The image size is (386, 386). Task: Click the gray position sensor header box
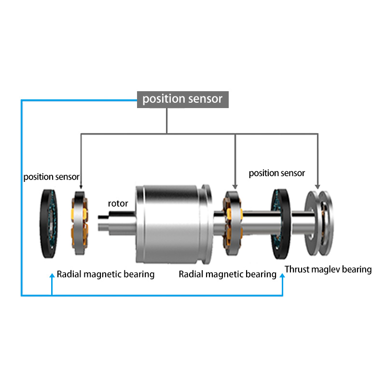point(183,99)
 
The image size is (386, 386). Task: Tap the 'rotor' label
point(118,204)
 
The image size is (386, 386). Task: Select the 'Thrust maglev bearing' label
point(328,270)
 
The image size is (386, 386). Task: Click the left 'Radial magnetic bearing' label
point(106,274)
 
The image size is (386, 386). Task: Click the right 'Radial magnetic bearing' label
point(227,274)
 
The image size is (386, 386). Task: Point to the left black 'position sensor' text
point(51,177)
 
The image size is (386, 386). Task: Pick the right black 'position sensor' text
point(276,173)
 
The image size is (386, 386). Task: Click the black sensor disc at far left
point(49,223)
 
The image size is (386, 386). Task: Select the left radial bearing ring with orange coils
point(80,223)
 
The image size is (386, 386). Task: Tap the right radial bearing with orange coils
point(233,223)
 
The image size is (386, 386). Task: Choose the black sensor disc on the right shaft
point(281,224)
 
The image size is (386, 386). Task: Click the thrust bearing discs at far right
point(319,223)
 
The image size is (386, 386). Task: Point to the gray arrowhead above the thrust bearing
point(317,186)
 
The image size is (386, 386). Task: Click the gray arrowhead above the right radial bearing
point(235,186)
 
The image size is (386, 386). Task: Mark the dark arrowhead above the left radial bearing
point(81,187)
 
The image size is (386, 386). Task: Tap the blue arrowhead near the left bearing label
point(52,276)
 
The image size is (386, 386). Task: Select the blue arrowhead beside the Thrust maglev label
point(283,276)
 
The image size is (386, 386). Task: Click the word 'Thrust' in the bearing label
point(297,269)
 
